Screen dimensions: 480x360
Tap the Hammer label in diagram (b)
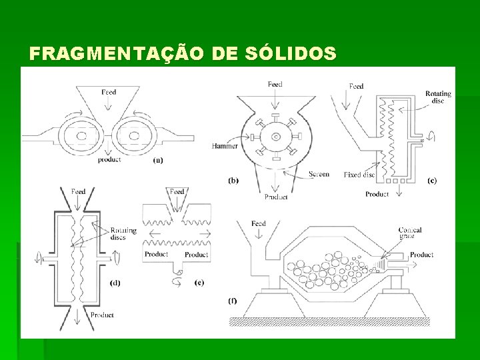point(225,146)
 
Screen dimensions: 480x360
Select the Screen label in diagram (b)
point(319,174)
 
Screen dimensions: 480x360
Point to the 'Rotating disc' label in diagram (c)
point(438,97)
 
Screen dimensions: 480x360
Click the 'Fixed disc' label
point(359,175)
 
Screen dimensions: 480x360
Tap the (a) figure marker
point(158,160)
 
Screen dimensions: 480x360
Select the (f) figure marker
point(232,301)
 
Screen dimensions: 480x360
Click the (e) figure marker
point(199,283)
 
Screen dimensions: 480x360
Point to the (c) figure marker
point(432,181)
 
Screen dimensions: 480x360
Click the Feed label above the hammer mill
point(275,85)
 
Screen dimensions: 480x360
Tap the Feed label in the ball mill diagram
point(258,223)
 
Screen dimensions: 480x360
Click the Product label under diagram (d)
point(102,315)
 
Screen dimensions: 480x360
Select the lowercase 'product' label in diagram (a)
point(109,160)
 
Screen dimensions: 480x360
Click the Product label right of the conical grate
point(421,255)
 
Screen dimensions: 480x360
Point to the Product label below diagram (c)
point(377,194)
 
